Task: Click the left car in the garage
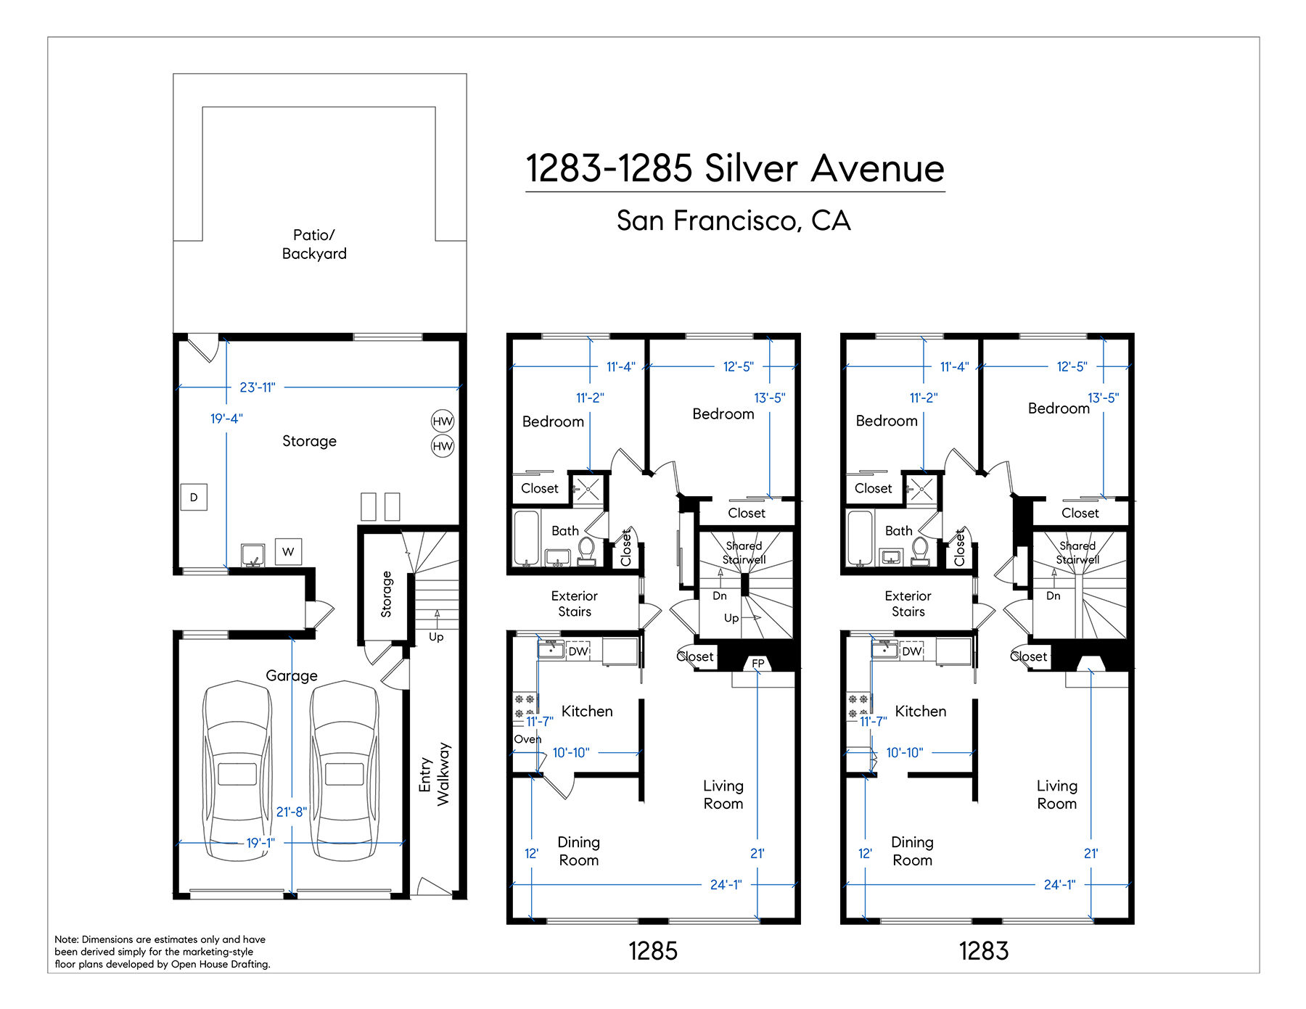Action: click(237, 770)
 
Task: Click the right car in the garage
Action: click(344, 770)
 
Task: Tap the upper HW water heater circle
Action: click(443, 421)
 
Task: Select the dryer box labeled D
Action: click(194, 497)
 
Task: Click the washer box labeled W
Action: click(288, 551)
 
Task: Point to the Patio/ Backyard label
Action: click(314, 244)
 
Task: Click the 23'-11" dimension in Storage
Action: click(258, 387)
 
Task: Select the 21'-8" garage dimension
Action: click(292, 812)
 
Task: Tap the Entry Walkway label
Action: click(434, 774)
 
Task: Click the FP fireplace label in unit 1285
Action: click(758, 663)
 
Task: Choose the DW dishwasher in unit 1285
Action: click(578, 651)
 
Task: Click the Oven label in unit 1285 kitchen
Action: click(527, 739)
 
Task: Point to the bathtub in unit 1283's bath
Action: click(860, 538)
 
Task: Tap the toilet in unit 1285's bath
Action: click(586, 551)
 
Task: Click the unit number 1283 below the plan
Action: click(984, 951)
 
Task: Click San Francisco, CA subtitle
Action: click(734, 221)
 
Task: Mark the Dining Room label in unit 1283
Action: click(912, 851)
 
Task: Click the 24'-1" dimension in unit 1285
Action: click(726, 884)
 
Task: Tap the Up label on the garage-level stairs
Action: click(436, 637)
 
